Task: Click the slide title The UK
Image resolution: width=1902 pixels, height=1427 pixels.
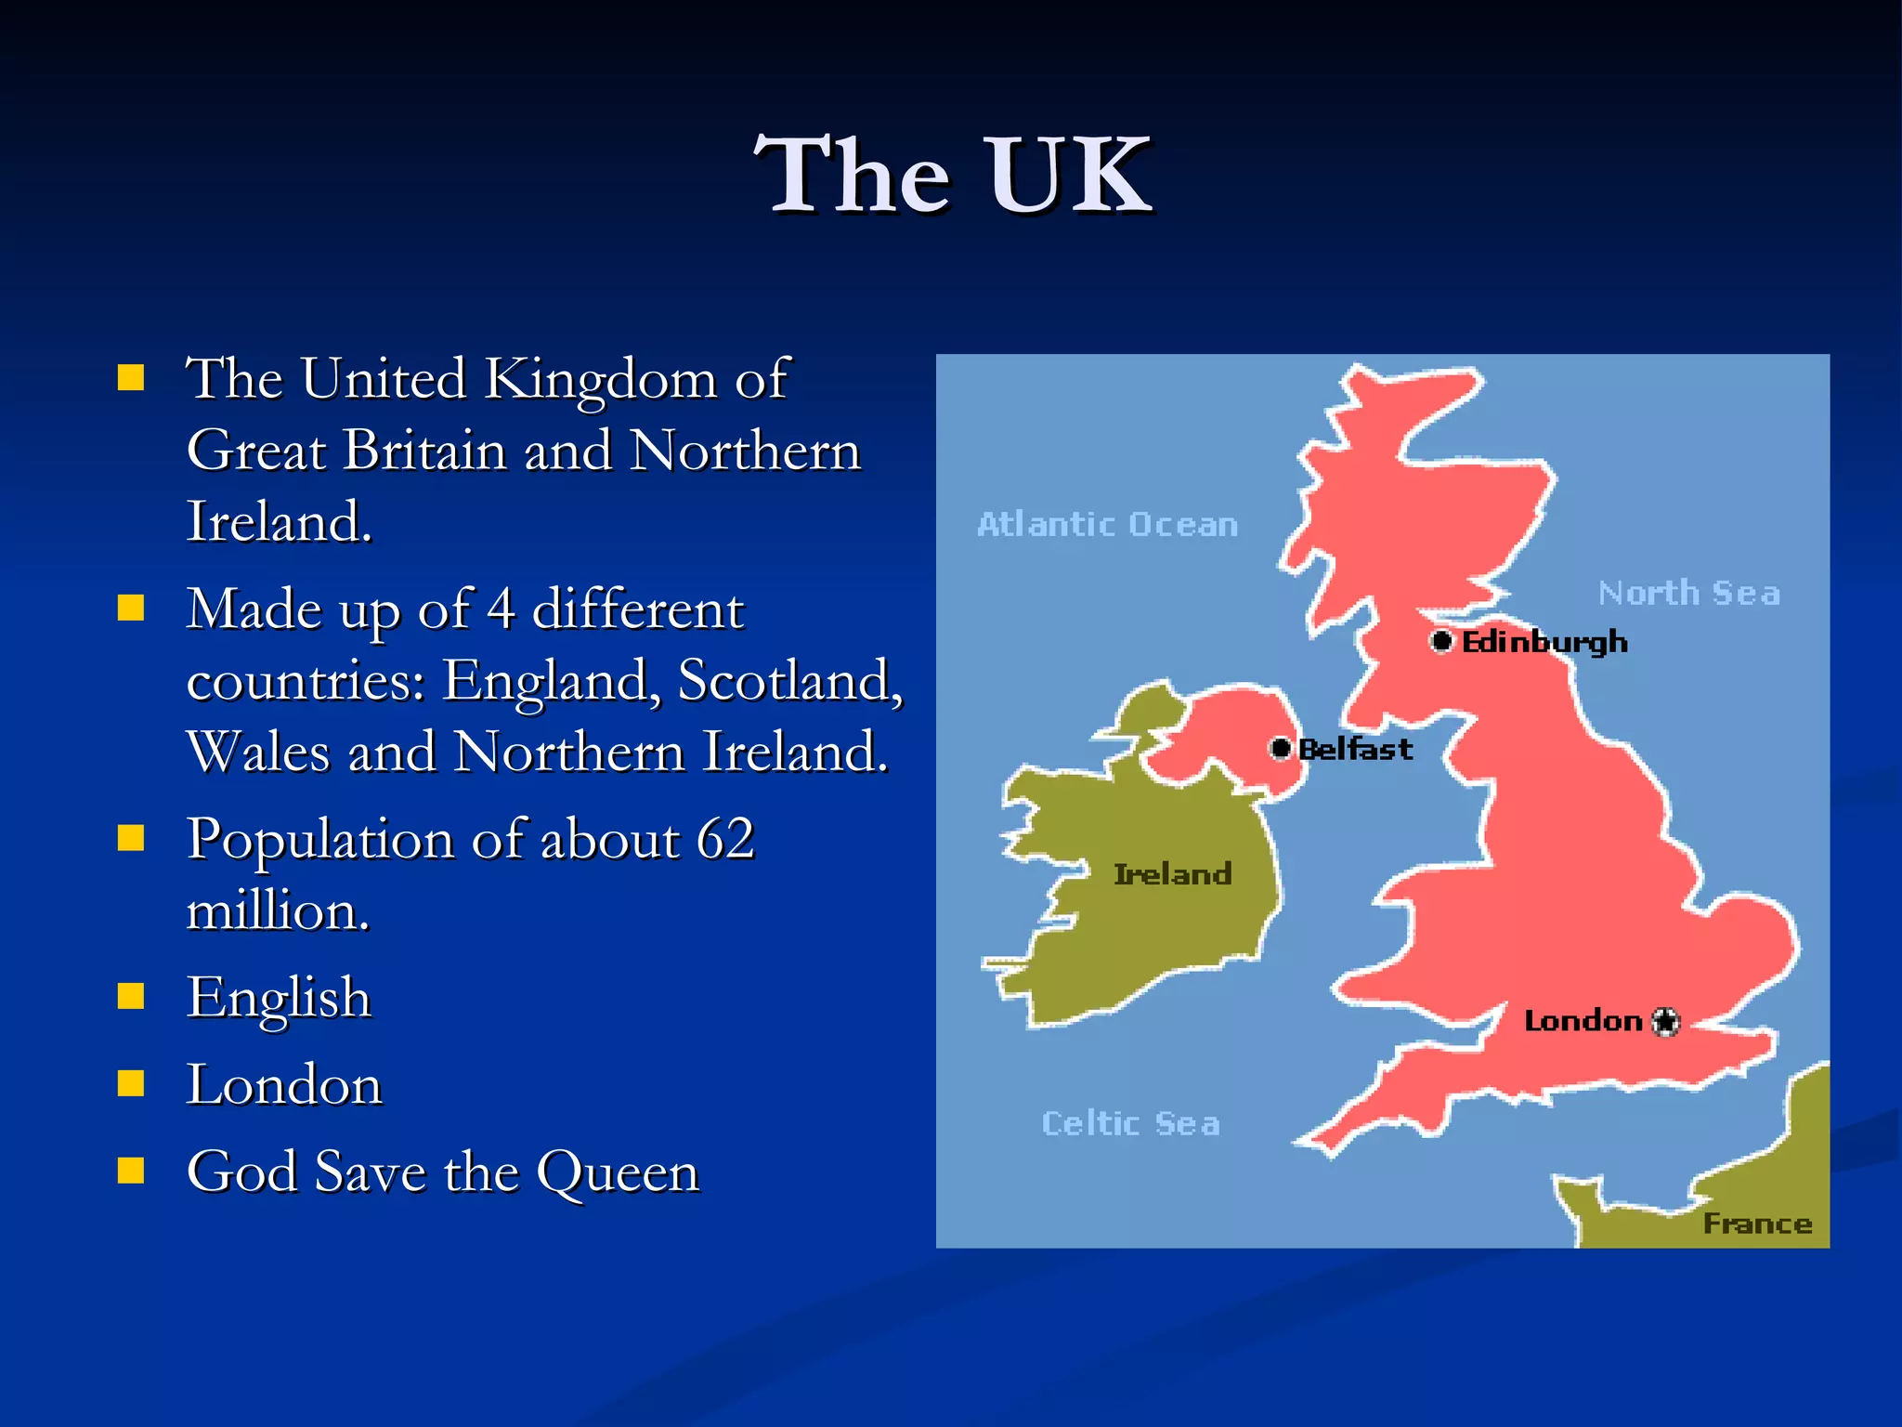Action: pos(953,175)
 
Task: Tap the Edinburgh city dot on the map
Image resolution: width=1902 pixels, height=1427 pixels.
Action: pos(1441,641)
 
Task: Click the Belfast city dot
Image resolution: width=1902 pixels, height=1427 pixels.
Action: pos(1282,748)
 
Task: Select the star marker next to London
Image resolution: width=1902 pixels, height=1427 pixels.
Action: pos(1667,1021)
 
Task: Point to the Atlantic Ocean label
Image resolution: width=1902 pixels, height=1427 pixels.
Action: pos(1107,525)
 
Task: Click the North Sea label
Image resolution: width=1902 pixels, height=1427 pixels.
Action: pos(1688,593)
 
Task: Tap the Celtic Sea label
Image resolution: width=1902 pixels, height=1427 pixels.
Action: pos(1130,1123)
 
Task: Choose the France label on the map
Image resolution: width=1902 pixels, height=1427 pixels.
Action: pos(1757,1224)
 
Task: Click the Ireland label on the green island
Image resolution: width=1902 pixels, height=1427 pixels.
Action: pos(1172,874)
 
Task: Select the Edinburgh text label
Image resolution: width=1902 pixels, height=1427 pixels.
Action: pos(1544,642)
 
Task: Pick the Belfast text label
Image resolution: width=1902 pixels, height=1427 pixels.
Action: pos(1356,749)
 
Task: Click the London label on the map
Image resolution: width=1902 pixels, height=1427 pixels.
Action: pos(1583,1021)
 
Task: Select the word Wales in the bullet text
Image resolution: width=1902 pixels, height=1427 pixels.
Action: pos(258,752)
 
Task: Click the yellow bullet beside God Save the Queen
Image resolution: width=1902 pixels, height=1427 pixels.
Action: pos(131,1171)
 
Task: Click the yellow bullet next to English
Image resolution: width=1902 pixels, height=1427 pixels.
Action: pos(131,997)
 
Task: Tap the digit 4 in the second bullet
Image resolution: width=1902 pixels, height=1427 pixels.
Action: pos(501,610)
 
